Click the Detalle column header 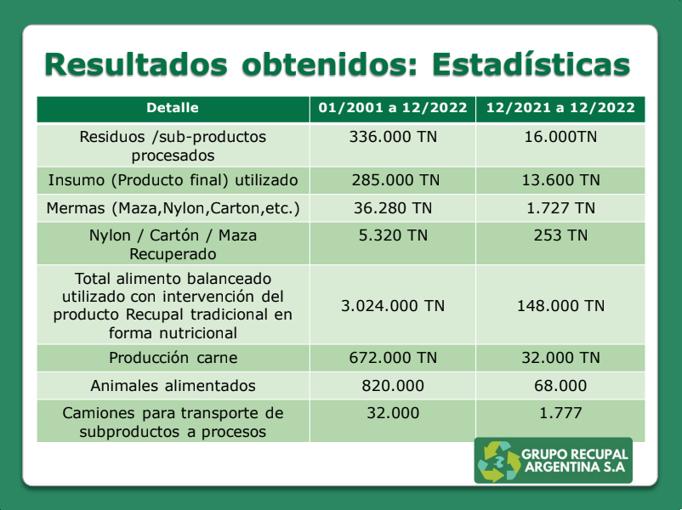click(173, 108)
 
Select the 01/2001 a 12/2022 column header click(393, 108)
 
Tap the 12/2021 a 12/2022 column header click(560, 108)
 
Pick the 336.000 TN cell click(393, 137)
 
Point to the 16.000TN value click(560, 137)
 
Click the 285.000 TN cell click(393, 180)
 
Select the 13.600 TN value click(560, 180)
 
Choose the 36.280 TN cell click(393, 208)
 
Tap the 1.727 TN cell click(560, 208)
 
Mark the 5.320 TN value click(393, 235)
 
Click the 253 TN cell click(560, 235)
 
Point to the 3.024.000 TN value click(393, 305)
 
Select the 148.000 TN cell click(560, 305)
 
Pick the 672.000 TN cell click(393, 358)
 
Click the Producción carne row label click(173, 358)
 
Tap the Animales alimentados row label click(173, 386)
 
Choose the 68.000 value click(560, 386)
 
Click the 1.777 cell click(560, 413)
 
